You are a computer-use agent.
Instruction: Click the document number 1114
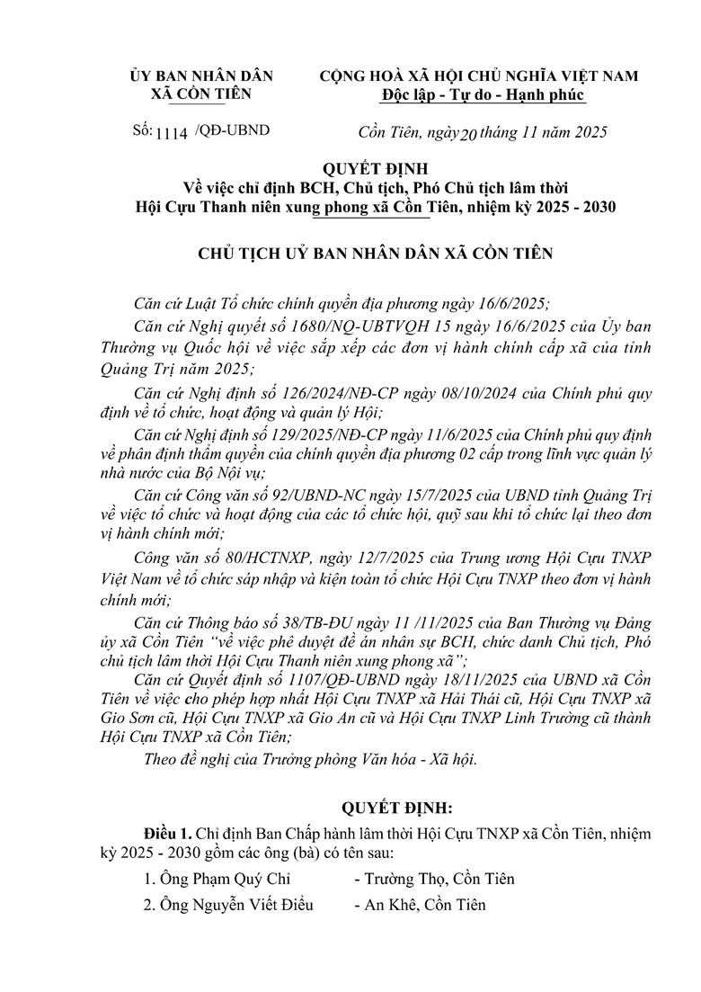pos(172,132)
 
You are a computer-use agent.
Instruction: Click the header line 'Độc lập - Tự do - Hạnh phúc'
pos(482,94)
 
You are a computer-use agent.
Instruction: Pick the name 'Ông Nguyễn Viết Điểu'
pos(228,905)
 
